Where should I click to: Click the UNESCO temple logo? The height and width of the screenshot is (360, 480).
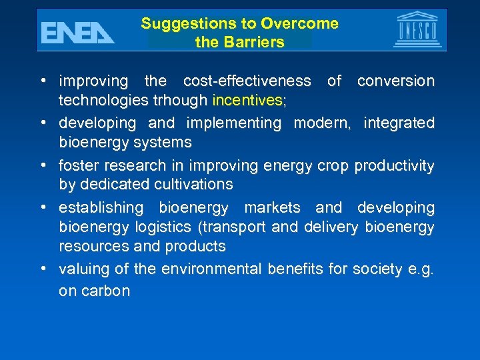[418, 29]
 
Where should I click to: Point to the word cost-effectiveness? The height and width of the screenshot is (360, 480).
[247, 81]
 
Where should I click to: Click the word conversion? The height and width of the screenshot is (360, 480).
[395, 81]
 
